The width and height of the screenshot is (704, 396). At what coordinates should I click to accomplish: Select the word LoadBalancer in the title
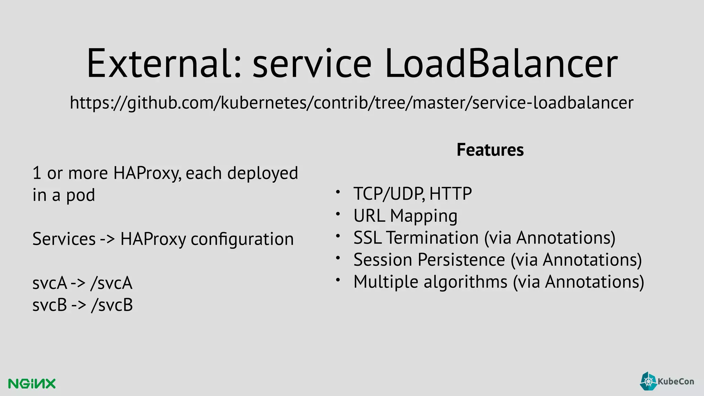(501, 64)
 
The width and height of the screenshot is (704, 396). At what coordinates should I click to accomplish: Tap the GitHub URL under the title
(351, 103)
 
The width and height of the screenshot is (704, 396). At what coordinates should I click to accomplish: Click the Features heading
(490, 150)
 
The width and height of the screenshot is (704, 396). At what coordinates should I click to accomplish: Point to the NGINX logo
(32, 384)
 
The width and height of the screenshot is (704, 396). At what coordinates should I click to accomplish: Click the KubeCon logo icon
(648, 381)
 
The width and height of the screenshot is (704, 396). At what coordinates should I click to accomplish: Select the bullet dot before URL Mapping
(338, 214)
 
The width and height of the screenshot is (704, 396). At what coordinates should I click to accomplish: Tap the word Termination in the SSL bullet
(432, 238)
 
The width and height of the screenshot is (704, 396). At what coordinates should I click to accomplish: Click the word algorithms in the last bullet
(465, 282)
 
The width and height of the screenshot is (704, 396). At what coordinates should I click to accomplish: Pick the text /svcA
(111, 283)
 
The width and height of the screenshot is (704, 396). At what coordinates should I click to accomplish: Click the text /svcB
(112, 305)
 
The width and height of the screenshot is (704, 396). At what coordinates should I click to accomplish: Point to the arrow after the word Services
(108, 239)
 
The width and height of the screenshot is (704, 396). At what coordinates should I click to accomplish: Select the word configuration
(242, 239)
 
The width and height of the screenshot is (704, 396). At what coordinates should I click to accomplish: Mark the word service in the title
(312, 64)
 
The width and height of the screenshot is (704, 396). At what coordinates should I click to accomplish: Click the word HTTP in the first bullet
(450, 194)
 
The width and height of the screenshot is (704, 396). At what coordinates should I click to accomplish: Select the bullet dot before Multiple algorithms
(338, 280)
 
